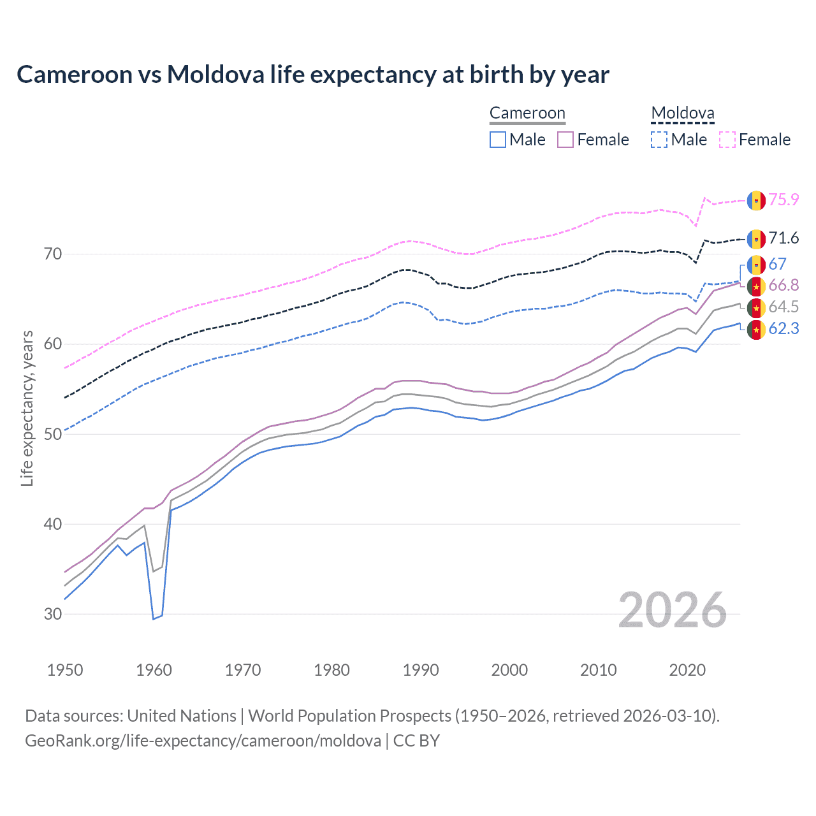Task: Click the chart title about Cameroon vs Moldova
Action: tap(312, 75)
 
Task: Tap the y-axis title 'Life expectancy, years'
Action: tap(27, 408)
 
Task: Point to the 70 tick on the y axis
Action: tap(53, 254)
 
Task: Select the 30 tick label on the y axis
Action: tap(53, 615)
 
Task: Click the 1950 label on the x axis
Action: tap(65, 670)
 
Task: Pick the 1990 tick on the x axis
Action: tap(421, 670)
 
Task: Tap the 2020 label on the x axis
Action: tap(687, 670)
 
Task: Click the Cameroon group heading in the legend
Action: tap(527, 113)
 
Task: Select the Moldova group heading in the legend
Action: tap(682, 113)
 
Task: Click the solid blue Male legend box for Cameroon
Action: tap(498, 140)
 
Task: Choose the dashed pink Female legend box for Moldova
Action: tap(727, 140)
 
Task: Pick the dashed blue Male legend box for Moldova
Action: tap(659, 140)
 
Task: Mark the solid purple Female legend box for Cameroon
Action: tap(565, 140)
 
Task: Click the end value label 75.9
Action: tap(783, 200)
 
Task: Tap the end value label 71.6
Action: tap(783, 238)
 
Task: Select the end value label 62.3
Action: tap(783, 329)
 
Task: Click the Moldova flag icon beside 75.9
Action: tap(756, 200)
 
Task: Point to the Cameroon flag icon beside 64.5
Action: tap(756, 308)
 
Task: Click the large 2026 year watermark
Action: tap(673, 610)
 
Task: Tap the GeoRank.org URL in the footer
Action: tap(203, 741)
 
